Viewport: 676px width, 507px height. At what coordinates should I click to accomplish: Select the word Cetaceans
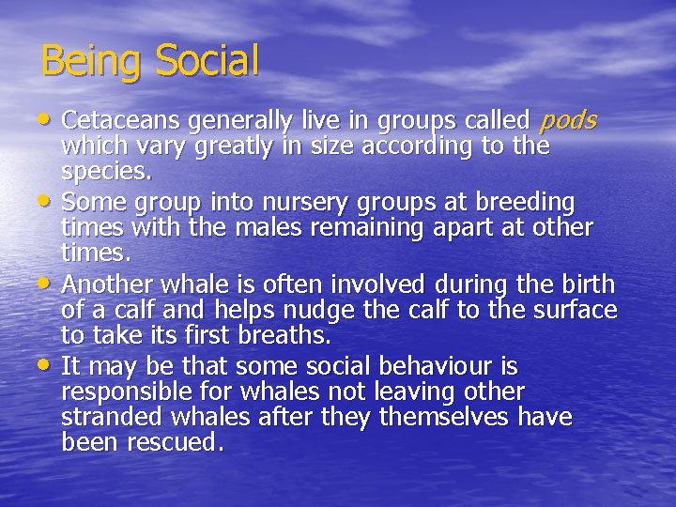(x=121, y=120)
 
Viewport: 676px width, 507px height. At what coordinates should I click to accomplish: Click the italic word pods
(x=569, y=121)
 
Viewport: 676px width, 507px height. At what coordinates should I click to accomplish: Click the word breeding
(x=525, y=203)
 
